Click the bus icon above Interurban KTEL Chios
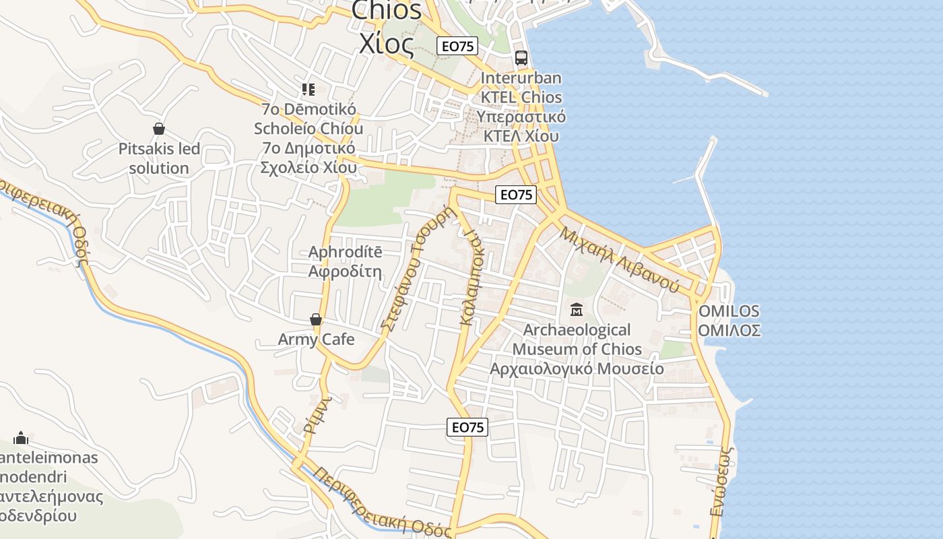coord(521,58)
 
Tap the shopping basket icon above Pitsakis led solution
coord(159,128)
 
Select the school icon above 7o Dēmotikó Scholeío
coord(308,90)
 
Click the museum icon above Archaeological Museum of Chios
coord(577,310)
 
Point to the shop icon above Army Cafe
coord(315,319)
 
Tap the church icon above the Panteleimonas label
coord(21,439)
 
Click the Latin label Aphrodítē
coord(345,253)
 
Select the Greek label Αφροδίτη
coord(345,272)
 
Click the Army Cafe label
coord(316,340)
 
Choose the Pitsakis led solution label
coord(159,158)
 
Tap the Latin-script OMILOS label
coord(729,311)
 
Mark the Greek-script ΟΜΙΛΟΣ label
coord(729,330)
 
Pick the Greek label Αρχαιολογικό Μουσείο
coord(577,369)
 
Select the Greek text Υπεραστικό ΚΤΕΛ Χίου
coord(521,126)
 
